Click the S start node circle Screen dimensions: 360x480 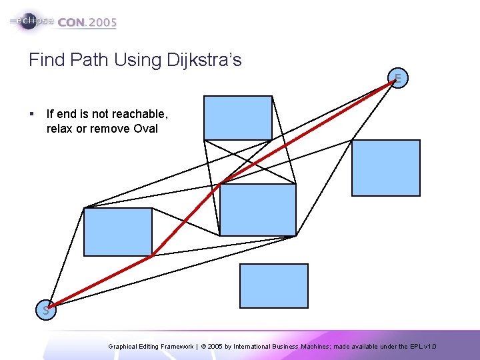[46, 310]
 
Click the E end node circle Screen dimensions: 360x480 [398, 79]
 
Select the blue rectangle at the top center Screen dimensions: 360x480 [238, 117]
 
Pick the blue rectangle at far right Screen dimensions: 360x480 [386, 168]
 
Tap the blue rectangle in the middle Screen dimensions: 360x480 [257, 209]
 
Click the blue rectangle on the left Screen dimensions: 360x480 [118, 232]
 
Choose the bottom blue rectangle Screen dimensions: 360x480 [274, 286]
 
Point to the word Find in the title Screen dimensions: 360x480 [47, 60]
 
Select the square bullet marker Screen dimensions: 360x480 [32, 114]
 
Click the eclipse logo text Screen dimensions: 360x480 [33, 21]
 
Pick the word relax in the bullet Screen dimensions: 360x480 [59, 129]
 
